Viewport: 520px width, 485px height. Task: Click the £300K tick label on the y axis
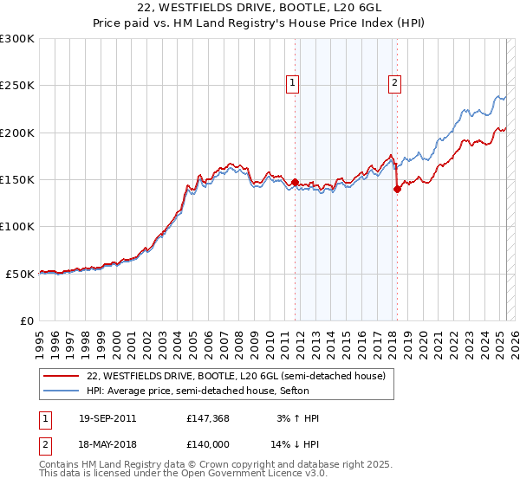17,39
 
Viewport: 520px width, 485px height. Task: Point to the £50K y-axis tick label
20,274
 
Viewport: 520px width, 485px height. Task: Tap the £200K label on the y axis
17,133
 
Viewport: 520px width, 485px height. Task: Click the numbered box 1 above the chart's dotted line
293,83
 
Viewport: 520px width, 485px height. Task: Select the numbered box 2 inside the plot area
394,83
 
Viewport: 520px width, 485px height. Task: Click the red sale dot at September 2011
295,183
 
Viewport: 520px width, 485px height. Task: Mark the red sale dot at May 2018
397,190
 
